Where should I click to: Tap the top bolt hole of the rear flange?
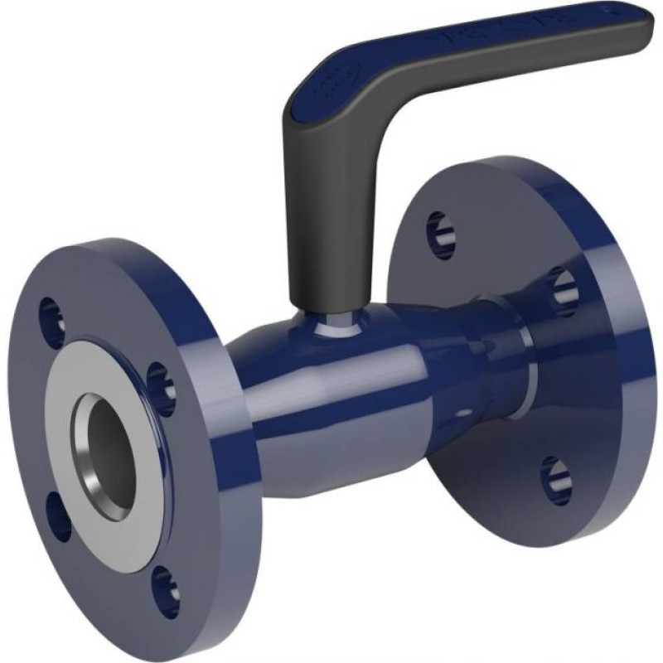pos(441,233)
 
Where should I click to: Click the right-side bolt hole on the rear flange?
pos(564,291)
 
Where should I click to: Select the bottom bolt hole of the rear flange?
pos(555,480)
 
